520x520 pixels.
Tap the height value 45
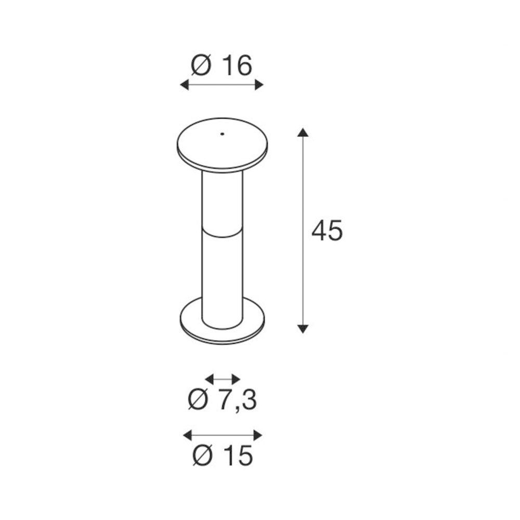tap(327, 231)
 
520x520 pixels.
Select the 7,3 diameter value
tap(237, 400)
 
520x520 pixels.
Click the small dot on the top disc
tap(221, 134)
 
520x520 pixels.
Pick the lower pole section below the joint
tap(222, 276)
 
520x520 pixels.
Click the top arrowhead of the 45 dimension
tap(303, 131)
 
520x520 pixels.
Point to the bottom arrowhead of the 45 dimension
tap(303, 329)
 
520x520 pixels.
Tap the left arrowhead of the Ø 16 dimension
tap(184, 85)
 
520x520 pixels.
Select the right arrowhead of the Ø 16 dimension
tap(259, 85)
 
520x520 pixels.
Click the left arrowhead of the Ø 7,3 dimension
tap(209, 379)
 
